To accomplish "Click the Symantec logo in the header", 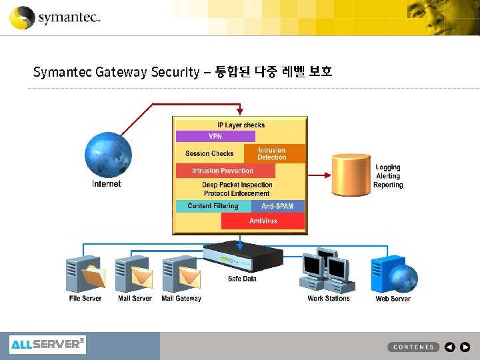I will point(55,17).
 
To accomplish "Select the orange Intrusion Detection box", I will point(272,154).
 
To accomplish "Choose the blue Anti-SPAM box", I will point(278,206).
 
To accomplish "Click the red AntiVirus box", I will point(263,221).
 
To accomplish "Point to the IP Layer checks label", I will point(241,125).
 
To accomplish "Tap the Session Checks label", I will point(209,154).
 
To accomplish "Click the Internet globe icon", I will point(109,154).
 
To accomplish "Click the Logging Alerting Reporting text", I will point(388,176).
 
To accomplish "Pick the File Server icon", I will point(85,273).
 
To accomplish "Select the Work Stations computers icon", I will point(328,270).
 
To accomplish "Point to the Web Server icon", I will point(393,273).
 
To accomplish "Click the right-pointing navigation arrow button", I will point(465,347).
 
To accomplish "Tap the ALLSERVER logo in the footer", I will point(47,345).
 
